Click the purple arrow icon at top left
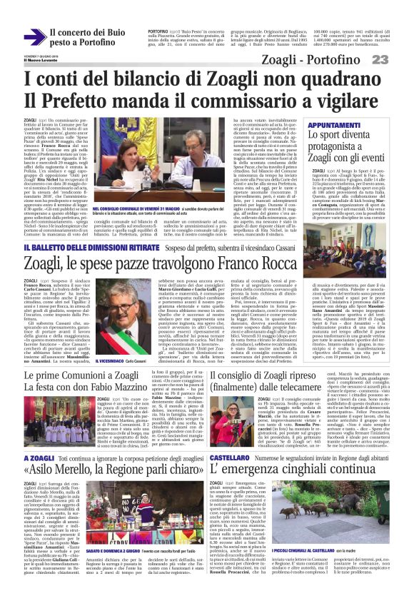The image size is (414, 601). point(34,36)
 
